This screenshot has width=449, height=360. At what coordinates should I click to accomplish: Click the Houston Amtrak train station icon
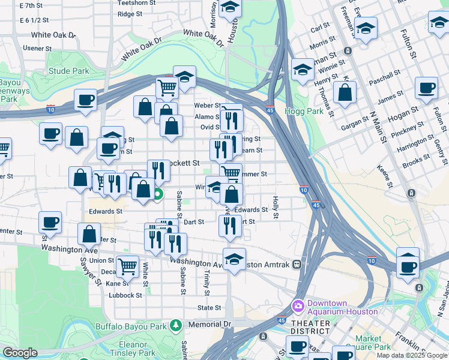(296, 265)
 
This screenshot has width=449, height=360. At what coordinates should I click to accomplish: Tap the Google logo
(20, 353)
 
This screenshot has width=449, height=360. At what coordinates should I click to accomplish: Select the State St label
(209, 308)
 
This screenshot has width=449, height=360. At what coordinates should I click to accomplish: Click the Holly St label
(276, 207)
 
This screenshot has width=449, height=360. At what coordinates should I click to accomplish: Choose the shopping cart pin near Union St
(127, 265)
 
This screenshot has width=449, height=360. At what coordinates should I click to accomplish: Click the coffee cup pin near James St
(426, 88)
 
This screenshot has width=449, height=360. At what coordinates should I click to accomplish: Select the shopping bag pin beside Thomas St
(345, 92)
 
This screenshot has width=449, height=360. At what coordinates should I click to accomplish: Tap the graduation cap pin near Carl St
(365, 28)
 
